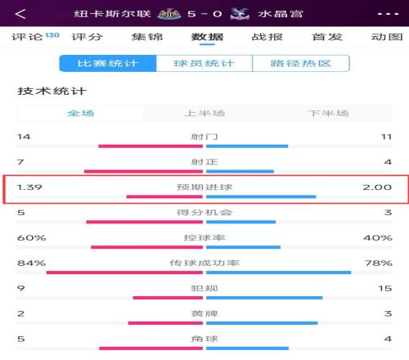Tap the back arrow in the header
[x=20, y=14]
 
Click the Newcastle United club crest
[x=169, y=14]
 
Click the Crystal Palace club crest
[x=240, y=14]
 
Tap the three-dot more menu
[x=389, y=14]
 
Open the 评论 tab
[x=27, y=37]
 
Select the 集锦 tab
[x=147, y=37]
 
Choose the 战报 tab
[x=267, y=37]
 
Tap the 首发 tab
[x=327, y=37]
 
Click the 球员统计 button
[x=204, y=63]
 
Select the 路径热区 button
[x=301, y=63]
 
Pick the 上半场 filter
[x=204, y=113]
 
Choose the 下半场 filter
[x=328, y=113]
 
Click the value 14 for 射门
[x=24, y=137]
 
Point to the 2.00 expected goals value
[x=377, y=187]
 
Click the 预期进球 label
[x=204, y=187]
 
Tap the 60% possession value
[x=32, y=237]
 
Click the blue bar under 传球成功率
[x=279, y=272]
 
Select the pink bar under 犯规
[x=168, y=298]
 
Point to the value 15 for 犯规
[x=384, y=288]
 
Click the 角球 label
[x=204, y=339]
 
